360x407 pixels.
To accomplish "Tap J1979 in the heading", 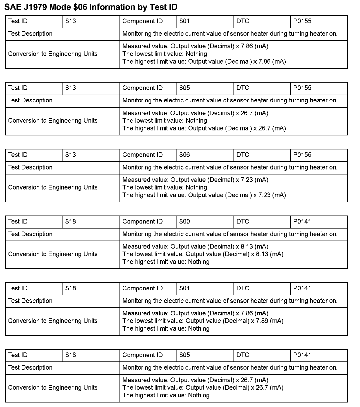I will [x=34, y=7].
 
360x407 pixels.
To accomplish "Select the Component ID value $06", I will [x=184, y=155].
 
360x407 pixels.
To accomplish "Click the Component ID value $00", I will [x=184, y=222].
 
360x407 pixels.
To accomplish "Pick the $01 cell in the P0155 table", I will [x=184, y=21].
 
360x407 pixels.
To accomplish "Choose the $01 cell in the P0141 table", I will [x=184, y=288].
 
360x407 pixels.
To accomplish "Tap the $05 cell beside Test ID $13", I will [x=184, y=88].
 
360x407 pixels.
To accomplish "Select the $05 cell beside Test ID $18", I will [x=184, y=355].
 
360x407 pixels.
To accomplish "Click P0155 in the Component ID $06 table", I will [x=302, y=155].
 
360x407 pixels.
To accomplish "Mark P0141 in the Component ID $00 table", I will [x=302, y=222].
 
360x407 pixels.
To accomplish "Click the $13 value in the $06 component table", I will [x=70, y=155].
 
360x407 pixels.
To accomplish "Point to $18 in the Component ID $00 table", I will [x=70, y=222].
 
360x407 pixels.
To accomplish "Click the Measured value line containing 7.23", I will [x=195, y=180].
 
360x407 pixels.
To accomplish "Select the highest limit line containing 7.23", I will [x=204, y=195].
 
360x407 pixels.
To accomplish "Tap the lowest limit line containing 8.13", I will [x=203, y=254].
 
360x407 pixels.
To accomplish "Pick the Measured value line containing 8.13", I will [x=195, y=247].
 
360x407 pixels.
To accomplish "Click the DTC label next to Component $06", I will [x=243, y=155].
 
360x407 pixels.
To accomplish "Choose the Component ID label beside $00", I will [x=142, y=222].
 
